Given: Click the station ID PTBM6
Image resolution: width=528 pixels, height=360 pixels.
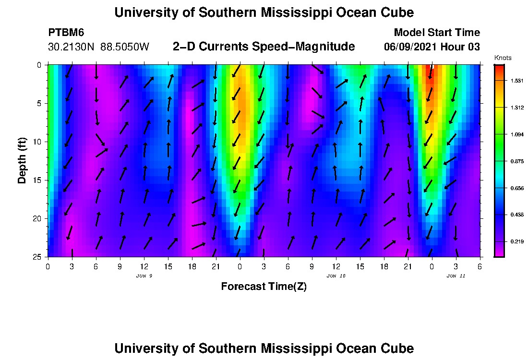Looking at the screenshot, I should point(66,33).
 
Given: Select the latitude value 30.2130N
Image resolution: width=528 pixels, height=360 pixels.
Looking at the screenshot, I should point(72,47).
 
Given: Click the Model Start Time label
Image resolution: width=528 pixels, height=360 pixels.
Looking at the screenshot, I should point(436,33).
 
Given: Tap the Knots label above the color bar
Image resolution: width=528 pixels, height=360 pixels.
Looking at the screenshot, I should point(503,58).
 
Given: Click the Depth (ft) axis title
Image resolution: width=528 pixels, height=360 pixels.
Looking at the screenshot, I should point(22,159).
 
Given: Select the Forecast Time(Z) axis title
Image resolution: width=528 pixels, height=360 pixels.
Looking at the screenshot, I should point(264,287).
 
